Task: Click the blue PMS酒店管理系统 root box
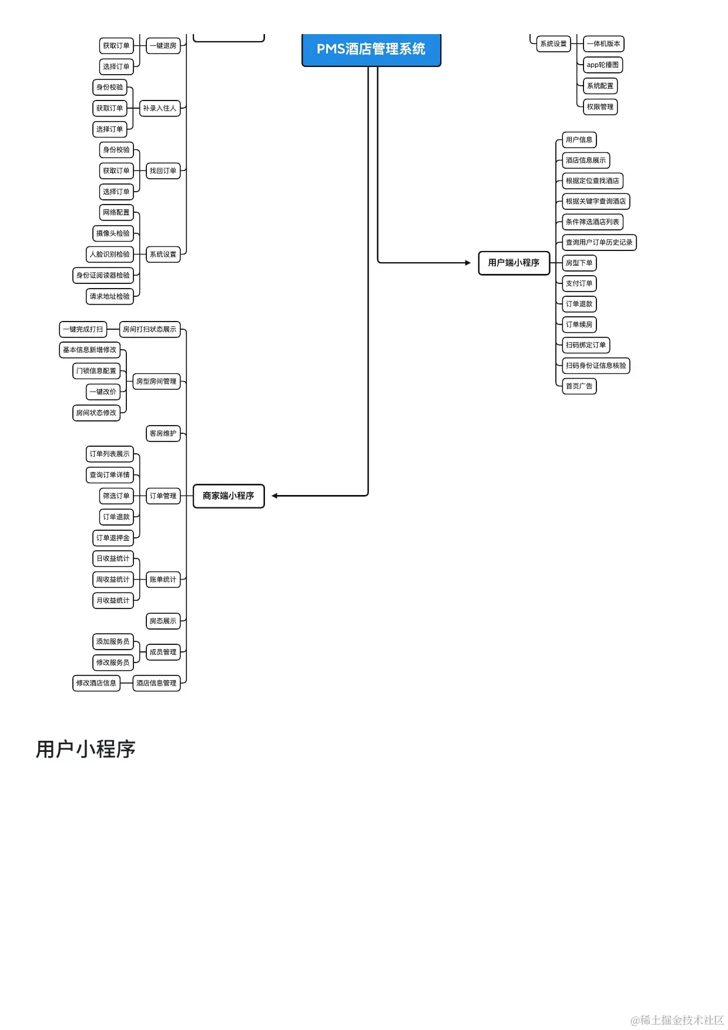click(371, 49)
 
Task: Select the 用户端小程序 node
click(514, 263)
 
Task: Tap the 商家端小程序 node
click(229, 496)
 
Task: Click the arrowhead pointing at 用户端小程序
click(468, 263)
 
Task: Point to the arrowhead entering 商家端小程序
click(275, 496)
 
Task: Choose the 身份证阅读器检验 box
click(103, 275)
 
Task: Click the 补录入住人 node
click(159, 108)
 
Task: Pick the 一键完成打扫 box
click(83, 329)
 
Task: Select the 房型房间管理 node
click(156, 382)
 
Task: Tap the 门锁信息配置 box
click(96, 371)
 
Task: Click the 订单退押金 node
click(113, 538)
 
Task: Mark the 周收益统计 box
click(113, 580)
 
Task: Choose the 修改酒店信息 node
click(96, 683)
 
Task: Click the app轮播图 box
click(602, 65)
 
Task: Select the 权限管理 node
click(600, 107)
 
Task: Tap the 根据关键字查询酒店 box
click(596, 202)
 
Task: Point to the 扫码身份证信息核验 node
click(596, 366)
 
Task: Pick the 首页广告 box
click(579, 386)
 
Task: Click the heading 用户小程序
click(86, 750)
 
